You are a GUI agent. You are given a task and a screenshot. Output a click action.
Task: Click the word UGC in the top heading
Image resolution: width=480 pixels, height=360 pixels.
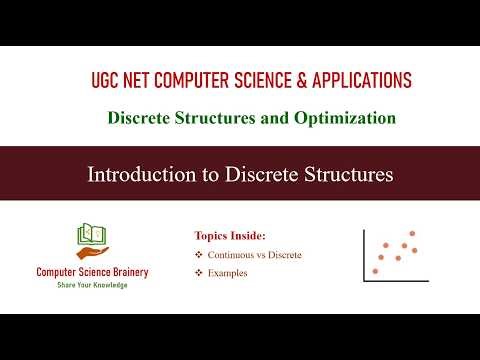[x=103, y=81]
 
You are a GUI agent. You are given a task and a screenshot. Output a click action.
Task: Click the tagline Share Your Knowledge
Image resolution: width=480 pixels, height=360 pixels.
[x=92, y=285]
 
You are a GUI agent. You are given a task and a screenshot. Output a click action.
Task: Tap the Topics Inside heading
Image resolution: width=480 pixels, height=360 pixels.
[x=230, y=236]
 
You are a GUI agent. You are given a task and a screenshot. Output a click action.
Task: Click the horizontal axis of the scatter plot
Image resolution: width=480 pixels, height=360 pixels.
[x=396, y=279]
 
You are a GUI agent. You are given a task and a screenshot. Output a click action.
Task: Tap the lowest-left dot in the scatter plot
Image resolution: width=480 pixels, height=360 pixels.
[x=376, y=270]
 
